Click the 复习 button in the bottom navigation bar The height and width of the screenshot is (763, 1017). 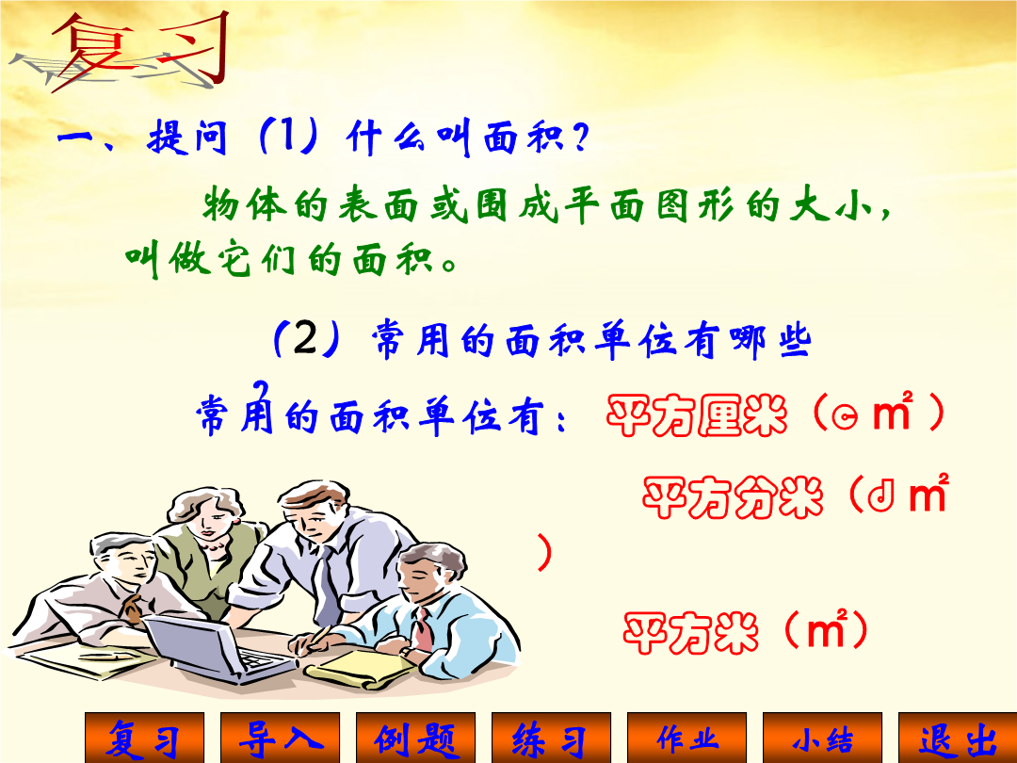click(x=145, y=738)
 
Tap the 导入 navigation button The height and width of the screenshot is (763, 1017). click(x=281, y=738)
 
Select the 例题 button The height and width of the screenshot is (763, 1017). click(x=416, y=738)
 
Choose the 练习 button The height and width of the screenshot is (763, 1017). click(x=551, y=738)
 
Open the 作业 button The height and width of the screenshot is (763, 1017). click(x=686, y=738)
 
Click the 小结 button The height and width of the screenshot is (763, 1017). click(x=822, y=738)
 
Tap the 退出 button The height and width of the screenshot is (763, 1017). click(x=958, y=738)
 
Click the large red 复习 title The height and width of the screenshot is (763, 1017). click(x=139, y=51)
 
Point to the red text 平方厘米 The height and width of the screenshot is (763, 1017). click(x=697, y=415)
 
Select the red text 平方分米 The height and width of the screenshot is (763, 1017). click(x=733, y=497)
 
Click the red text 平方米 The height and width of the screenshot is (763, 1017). click(x=691, y=632)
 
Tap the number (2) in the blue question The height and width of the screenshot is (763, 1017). click(x=305, y=338)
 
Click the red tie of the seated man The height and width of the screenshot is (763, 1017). click(x=423, y=628)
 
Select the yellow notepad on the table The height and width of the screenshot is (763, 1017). click(x=360, y=668)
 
